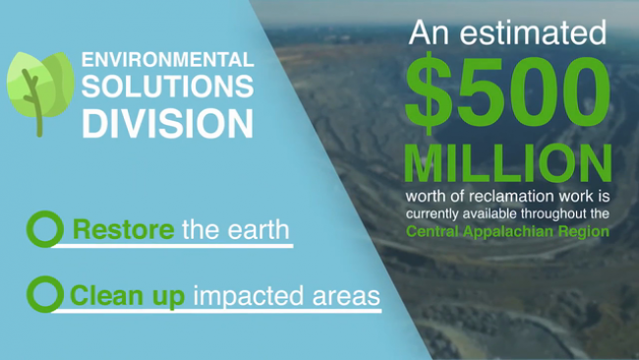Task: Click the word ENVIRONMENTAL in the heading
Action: coord(168,60)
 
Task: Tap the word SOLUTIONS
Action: coord(168,86)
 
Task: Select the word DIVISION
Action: coord(168,123)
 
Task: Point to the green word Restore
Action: coord(124,229)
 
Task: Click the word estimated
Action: coord(533,32)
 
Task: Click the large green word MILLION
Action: coord(508,162)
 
